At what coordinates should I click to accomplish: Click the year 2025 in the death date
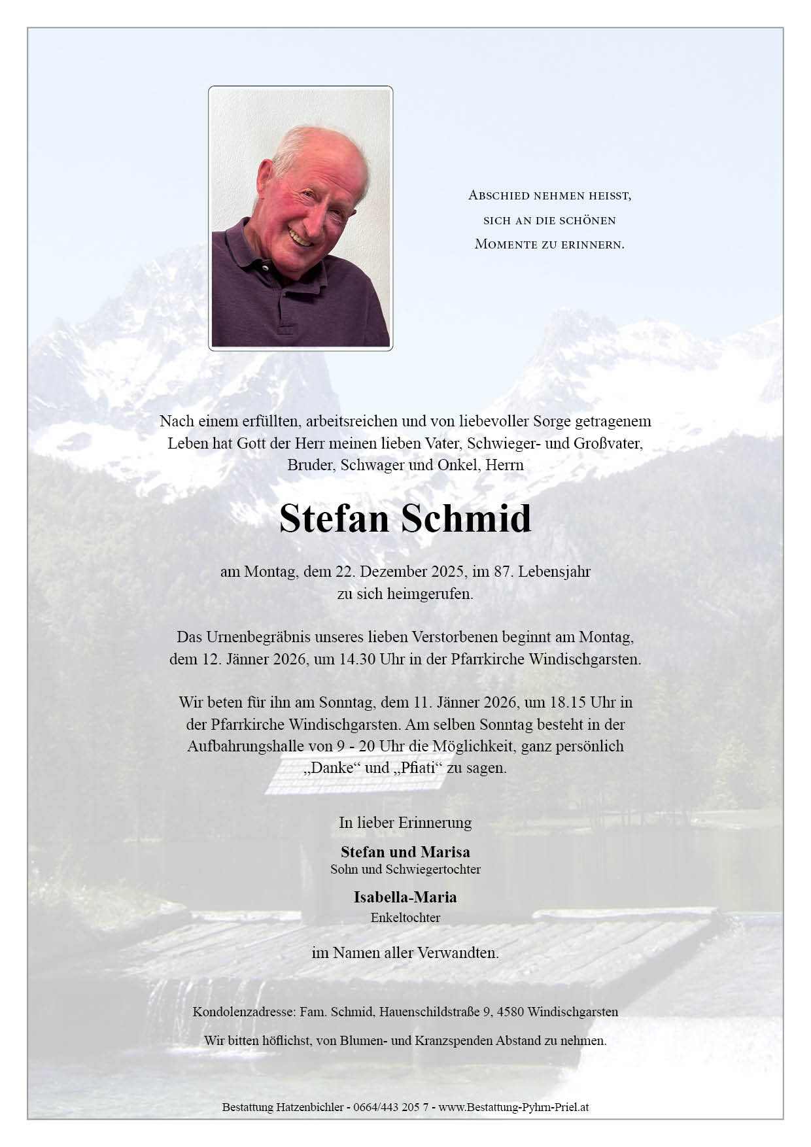click(448, 571)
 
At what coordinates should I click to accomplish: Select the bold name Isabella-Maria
click(405, 897)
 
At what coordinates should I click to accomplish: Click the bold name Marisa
click(445, 851)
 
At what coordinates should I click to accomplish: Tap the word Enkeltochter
click(405, 917)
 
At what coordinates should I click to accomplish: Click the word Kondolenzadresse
click(244, 1012)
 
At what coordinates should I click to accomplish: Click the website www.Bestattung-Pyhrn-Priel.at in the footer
click(513, 1107)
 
